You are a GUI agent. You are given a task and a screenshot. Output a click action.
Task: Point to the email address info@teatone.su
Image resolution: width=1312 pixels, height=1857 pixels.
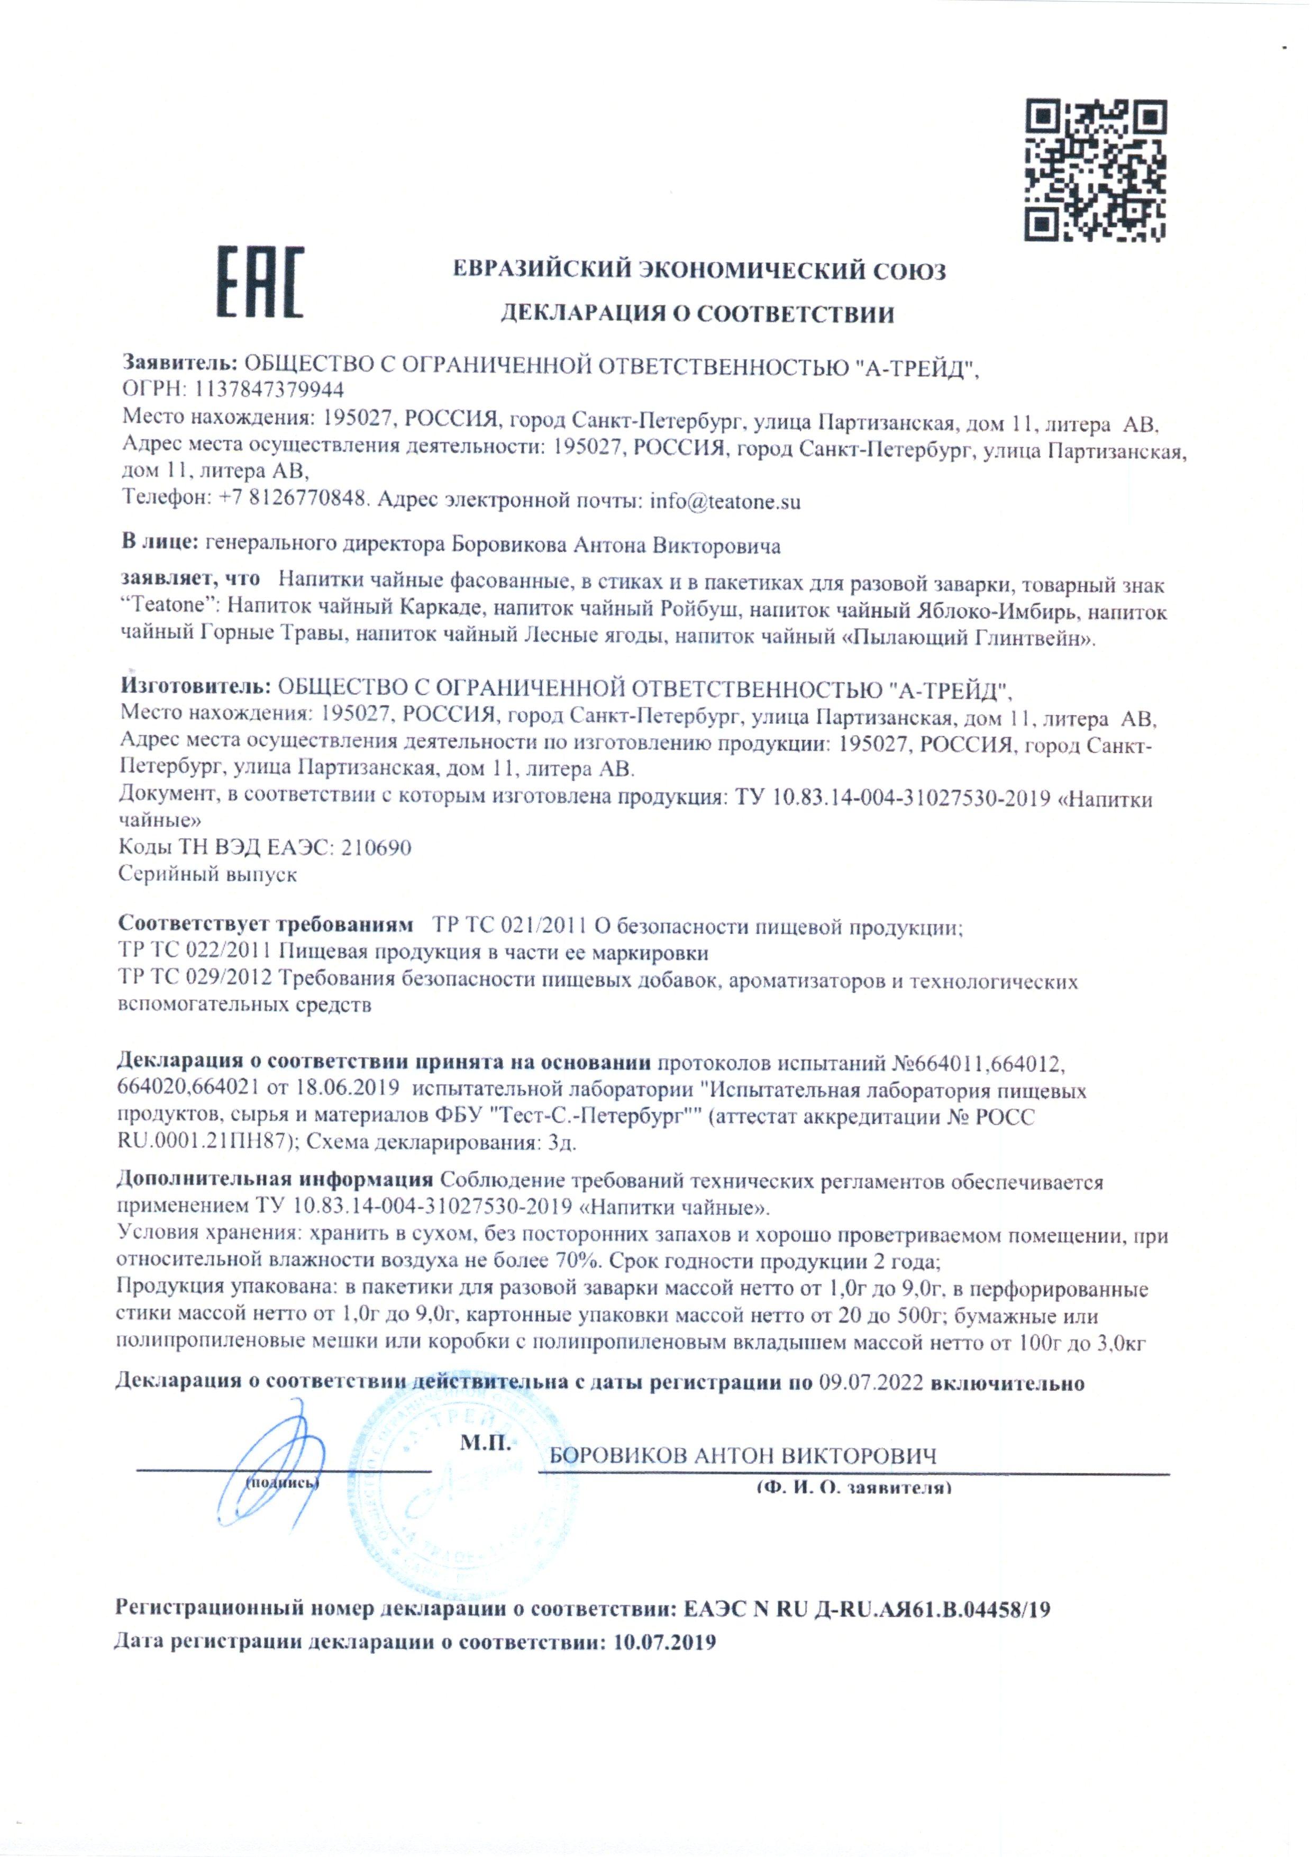(x=725, y=502)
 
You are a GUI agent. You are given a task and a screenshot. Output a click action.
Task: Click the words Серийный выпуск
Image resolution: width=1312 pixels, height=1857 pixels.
(x=208, y=874)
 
